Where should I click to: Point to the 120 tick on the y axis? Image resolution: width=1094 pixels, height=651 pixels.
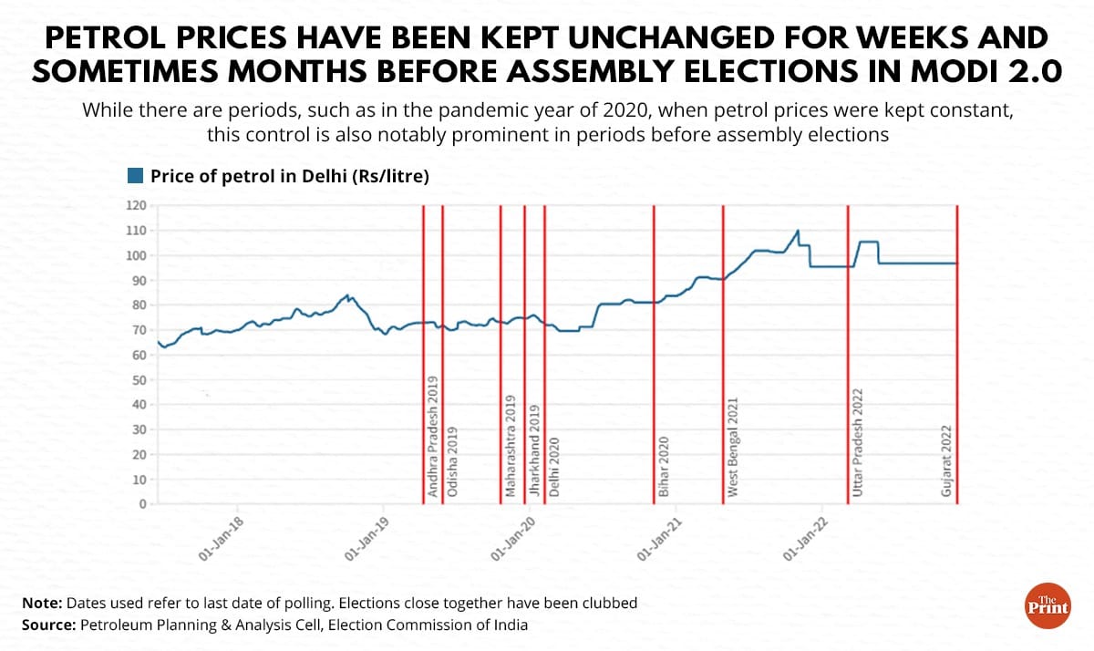(136, 205)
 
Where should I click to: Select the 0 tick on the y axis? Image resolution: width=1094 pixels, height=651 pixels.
(142, 503)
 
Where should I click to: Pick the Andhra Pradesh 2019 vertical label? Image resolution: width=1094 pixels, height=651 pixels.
(433, 436)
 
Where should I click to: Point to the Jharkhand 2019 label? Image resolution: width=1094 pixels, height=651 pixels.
(535, 448)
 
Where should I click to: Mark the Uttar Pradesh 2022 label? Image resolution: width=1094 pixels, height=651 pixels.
(858, 441)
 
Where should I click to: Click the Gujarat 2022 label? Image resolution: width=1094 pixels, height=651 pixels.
(946, 460)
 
